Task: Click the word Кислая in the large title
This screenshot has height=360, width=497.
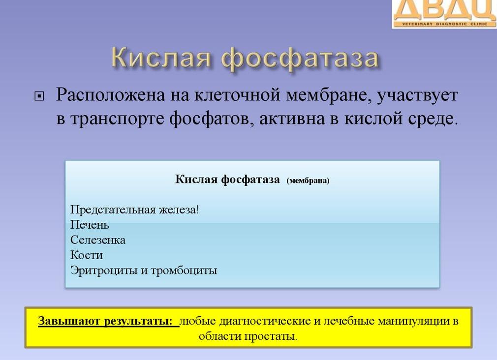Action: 162,59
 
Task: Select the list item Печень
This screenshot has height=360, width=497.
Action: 90,225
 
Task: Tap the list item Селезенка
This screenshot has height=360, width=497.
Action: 98,240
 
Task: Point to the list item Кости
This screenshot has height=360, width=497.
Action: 87,255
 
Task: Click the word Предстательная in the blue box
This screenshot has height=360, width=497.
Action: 113,210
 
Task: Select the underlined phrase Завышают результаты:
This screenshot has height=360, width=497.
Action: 108,322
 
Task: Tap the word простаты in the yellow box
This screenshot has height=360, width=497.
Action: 272,337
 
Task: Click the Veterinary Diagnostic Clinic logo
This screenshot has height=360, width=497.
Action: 444,14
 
